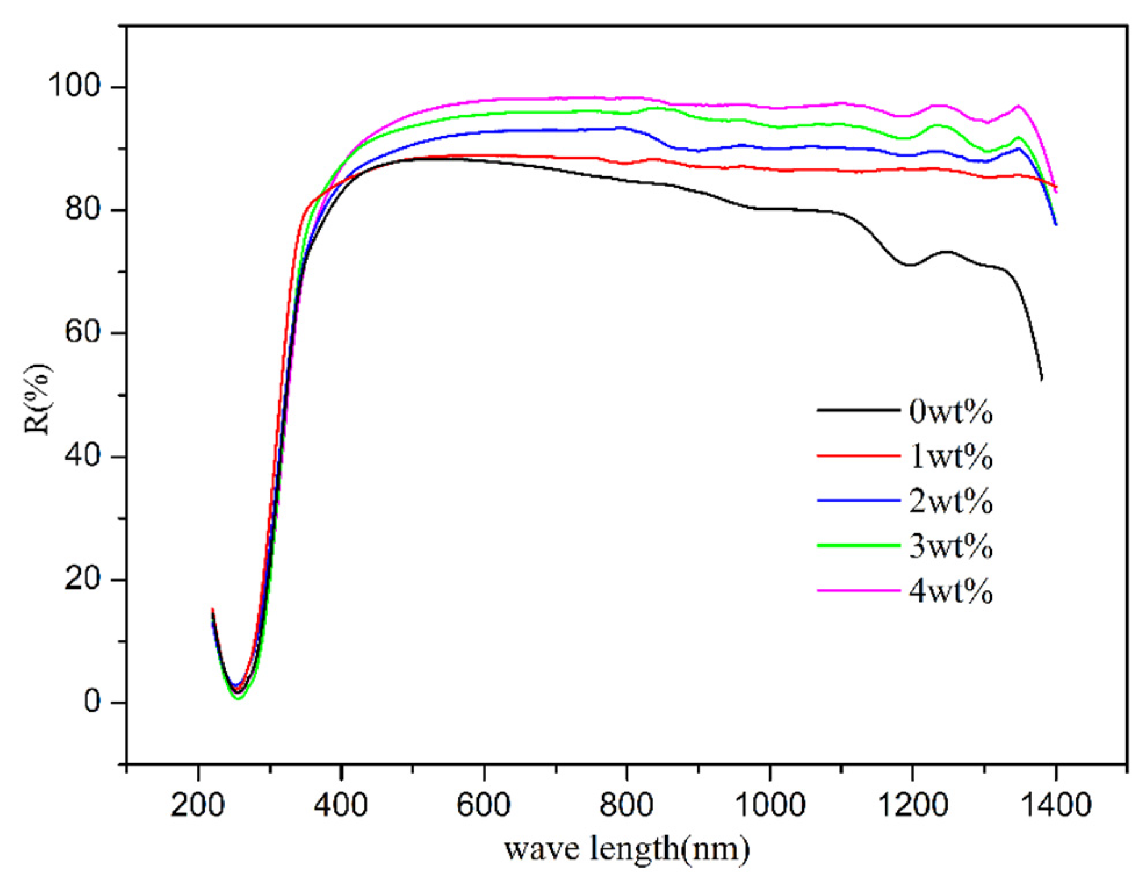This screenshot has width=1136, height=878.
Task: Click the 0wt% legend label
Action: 951,412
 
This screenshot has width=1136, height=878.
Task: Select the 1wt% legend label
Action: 951,457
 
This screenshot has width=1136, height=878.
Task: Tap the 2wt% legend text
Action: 951,501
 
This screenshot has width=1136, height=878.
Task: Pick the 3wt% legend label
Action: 951,546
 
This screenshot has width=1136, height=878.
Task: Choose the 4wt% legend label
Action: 951,591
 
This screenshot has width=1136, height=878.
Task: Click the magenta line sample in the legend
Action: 858,590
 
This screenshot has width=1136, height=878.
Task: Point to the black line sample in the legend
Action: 858,410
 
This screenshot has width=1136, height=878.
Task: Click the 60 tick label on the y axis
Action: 82,332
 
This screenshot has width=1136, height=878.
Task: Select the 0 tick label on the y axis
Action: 92,702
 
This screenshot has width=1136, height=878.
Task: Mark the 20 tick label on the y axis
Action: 82,579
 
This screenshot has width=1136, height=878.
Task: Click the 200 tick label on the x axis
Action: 198,805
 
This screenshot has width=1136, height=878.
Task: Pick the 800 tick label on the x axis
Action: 627,805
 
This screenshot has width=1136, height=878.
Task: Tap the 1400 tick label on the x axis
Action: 1056,805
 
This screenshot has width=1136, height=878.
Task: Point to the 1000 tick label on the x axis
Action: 769,805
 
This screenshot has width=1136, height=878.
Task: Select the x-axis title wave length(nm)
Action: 627,849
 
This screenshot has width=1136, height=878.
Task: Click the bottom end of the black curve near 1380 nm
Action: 1042,379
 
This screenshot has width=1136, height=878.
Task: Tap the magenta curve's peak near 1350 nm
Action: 1018,106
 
